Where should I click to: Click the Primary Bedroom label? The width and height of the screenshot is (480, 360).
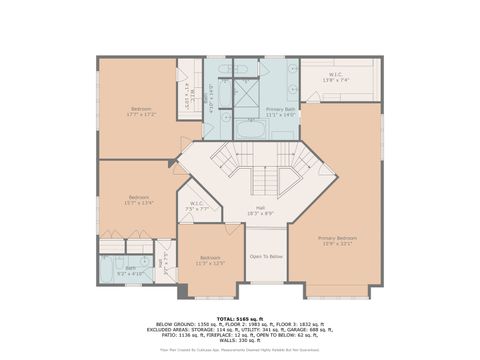point(337,239)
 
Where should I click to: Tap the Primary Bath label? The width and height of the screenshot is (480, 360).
point(280,111)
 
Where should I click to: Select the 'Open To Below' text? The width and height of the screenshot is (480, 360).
point(265,256)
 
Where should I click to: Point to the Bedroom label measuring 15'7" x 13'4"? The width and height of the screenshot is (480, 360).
point(138,199)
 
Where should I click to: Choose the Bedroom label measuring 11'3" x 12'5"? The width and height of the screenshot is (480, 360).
point(210,259)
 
